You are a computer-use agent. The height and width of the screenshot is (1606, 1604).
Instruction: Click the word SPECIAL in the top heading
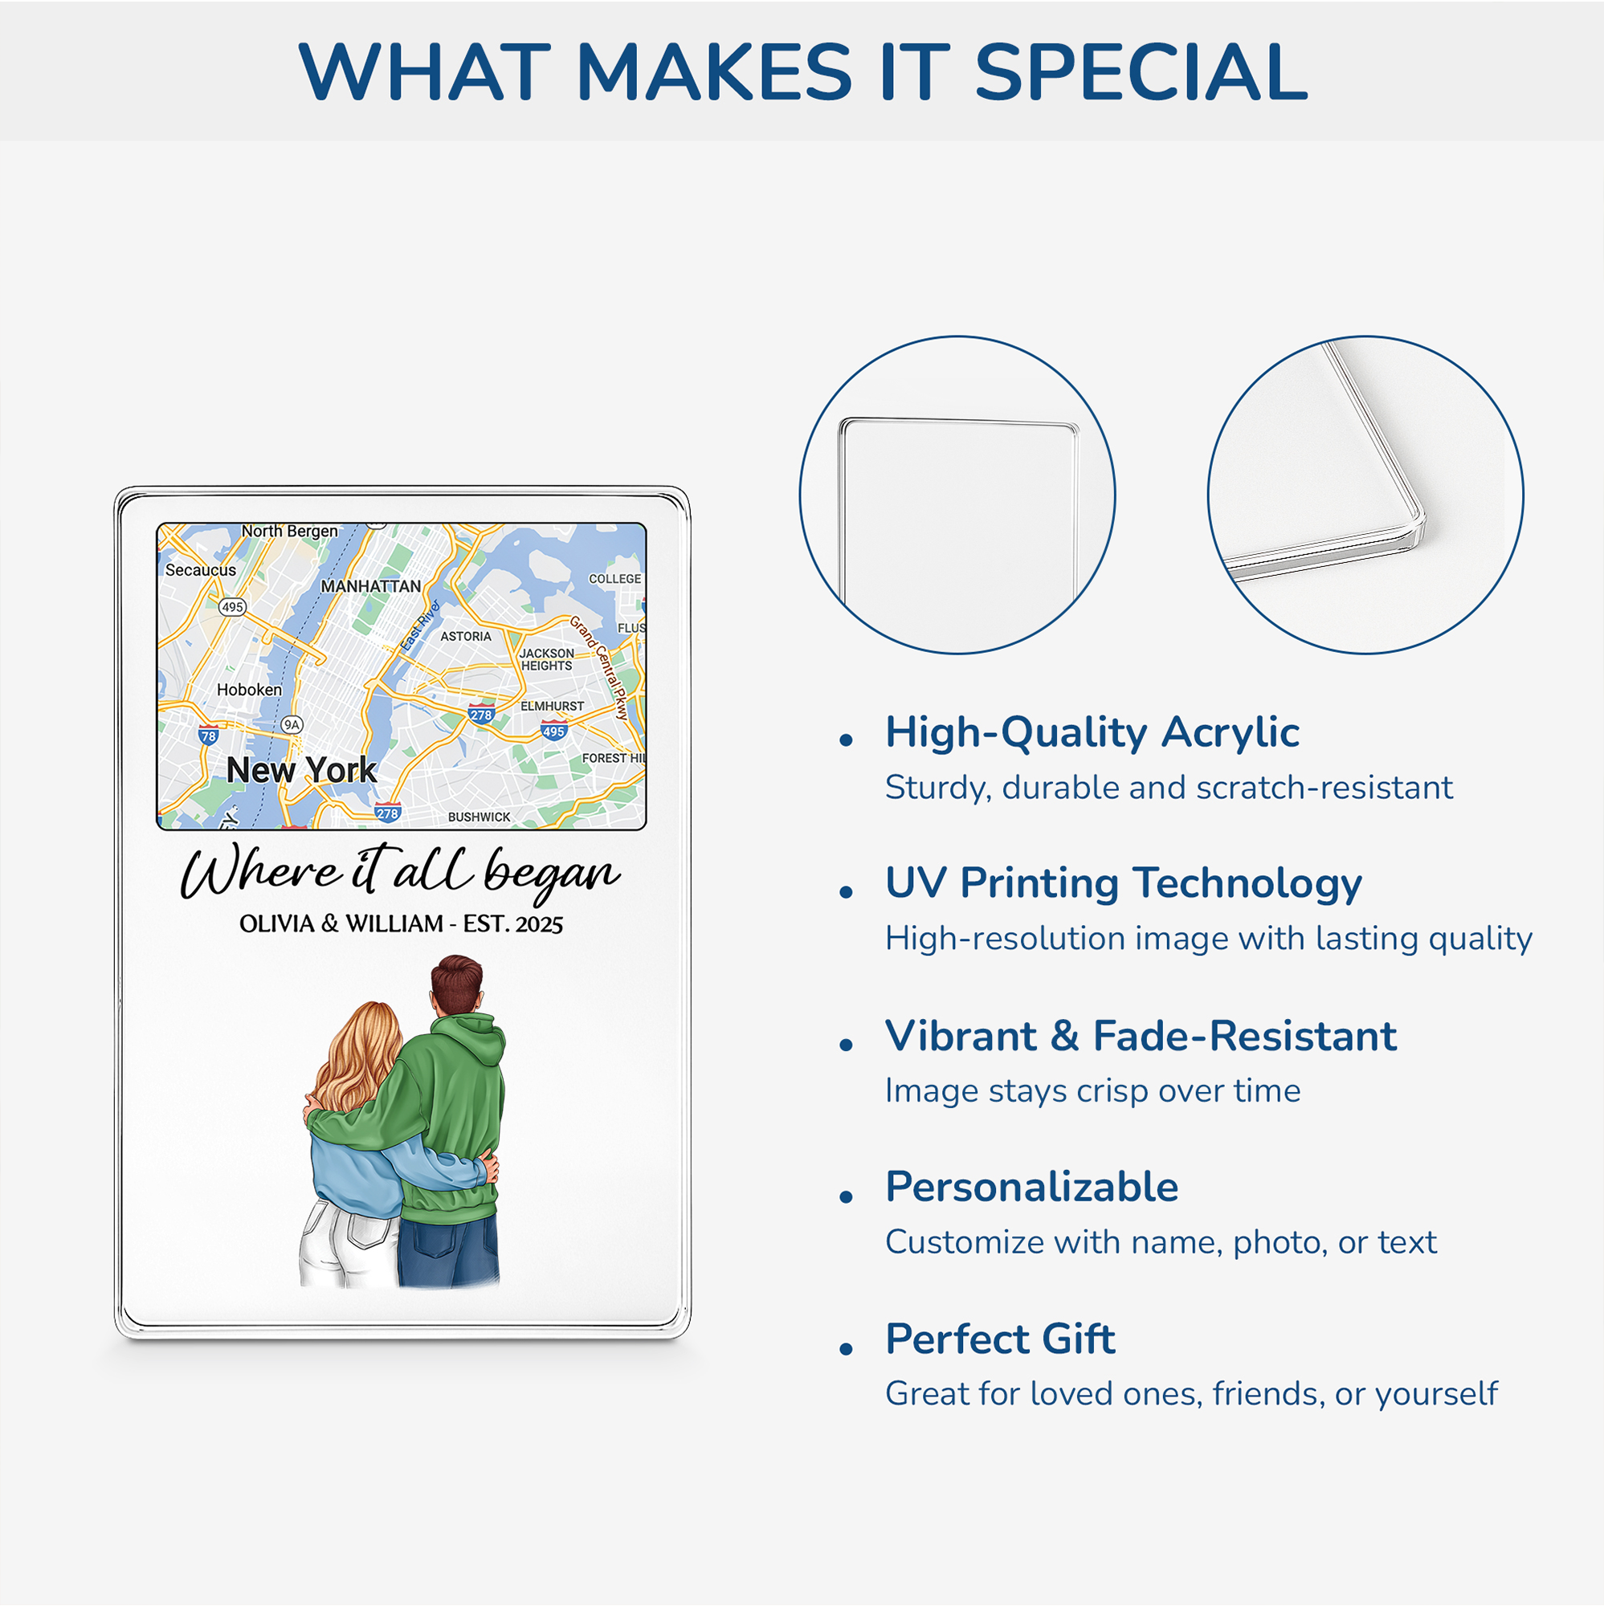pos(1141,72)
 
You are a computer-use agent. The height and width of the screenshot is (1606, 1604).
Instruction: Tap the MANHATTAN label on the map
pos(371,587)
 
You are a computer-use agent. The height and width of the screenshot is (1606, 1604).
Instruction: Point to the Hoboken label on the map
pos(249,690)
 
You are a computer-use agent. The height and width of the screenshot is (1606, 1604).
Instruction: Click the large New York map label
pos(301,771)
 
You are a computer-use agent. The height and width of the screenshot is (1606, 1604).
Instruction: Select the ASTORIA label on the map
pos(466,637)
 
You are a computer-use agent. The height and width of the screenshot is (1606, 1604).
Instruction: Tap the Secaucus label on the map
pos(200,570)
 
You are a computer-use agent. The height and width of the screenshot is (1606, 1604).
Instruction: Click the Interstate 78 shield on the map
pos(208,736)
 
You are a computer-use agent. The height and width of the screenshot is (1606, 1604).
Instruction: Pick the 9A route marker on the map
pos(291,725)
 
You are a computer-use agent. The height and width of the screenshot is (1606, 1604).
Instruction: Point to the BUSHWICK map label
pos(479,817)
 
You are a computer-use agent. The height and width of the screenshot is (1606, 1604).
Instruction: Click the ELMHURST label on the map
pos(552,707)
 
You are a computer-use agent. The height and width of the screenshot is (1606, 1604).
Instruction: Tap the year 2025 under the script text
pos(539,924)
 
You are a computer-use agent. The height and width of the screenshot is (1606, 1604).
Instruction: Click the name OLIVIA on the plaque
pos(277,924)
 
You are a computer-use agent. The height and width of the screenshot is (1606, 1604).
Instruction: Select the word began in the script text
pos(552,875)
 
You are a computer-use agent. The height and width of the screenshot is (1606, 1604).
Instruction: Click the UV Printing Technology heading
pos(1124,883)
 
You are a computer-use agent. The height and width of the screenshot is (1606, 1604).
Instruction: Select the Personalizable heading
pos(1032,1187)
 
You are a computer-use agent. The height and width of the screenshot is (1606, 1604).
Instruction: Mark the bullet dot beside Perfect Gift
pos(847,1348)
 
